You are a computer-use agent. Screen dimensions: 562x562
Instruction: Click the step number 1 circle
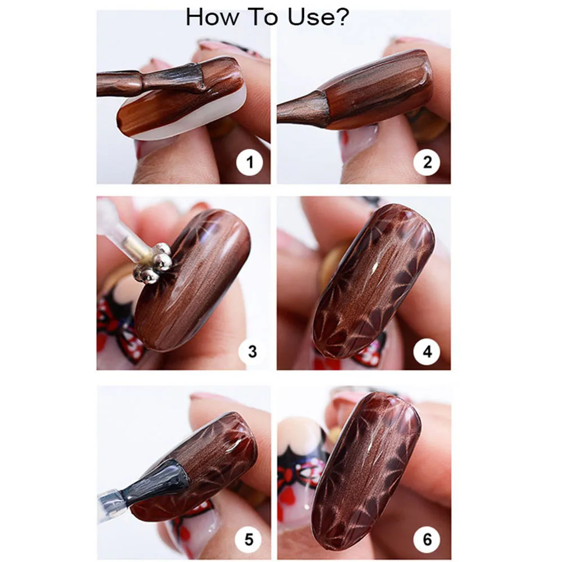(250, 162)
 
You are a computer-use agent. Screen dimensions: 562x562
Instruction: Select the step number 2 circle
(427, 162)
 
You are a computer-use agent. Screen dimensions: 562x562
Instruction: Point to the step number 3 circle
(252, 352)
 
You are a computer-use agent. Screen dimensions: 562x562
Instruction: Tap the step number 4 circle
(427, 352)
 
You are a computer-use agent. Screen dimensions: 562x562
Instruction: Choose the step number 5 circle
(249, 540)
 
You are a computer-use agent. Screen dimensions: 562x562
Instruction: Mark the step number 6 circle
(427, 540)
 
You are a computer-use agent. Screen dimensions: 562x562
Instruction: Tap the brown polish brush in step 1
(151, 80)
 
